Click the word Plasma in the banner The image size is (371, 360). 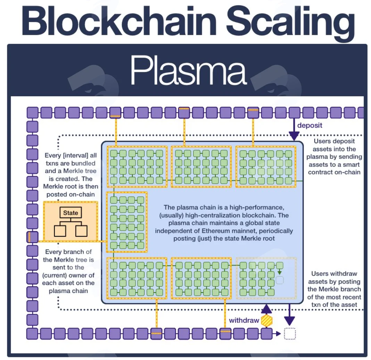pos(189,70)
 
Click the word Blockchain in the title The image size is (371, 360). pos(119,21)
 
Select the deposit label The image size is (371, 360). pos(310,125)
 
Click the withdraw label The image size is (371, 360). pos(244,320)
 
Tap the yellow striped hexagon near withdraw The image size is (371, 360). pos(267,320)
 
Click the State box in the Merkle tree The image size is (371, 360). pos(71,213)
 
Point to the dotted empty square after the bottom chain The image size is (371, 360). pos(290,334)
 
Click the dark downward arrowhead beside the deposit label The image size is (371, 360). pos(294,137)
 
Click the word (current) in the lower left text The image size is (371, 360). pos(55,275)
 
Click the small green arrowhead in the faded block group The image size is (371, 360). pos(279,273)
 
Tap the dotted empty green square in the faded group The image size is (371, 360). pos(280,280)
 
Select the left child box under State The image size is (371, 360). pos(60,231)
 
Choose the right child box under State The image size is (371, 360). pos(81,231)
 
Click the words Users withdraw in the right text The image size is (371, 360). pos(334,273)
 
